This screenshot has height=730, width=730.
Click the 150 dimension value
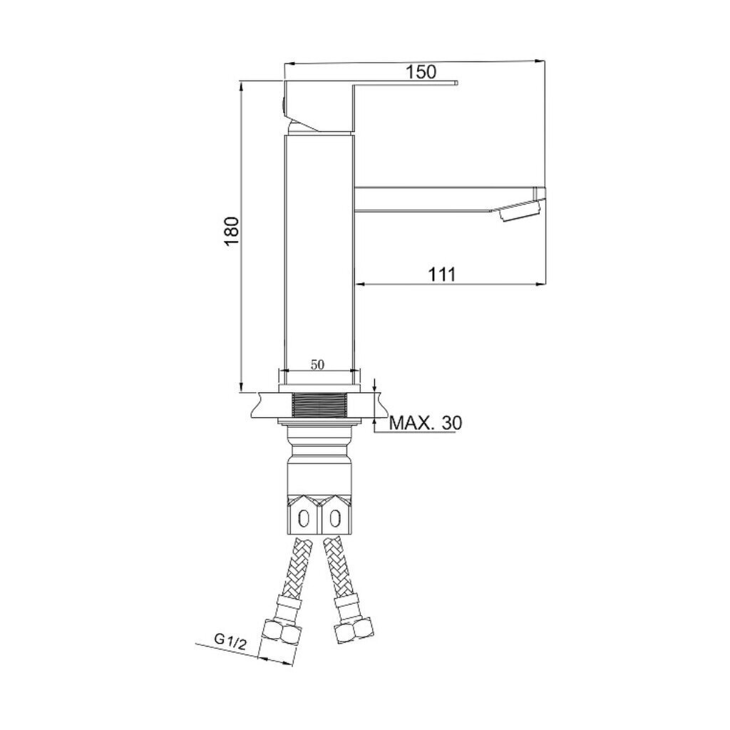click(x=421, y=72)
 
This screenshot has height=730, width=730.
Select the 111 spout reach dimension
click(x=442, y=274)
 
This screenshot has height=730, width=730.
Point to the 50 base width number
click(x=317, y=364)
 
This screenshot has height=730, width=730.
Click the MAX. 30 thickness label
click(x=426, y=423)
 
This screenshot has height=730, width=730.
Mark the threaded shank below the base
click(x=319, y=405)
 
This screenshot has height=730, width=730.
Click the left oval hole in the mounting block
click(x=304, y=518)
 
